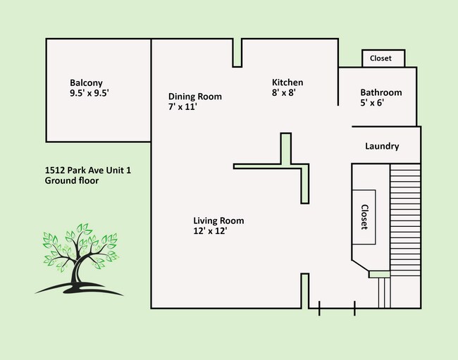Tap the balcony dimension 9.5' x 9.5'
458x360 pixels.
click(89, 93)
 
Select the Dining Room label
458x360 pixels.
click(194, 97)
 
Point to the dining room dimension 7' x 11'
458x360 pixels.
click(182, 107)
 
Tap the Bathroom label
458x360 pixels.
click(380, 92)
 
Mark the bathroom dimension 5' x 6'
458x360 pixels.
click(371, 103)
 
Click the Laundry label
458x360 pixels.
click(382, 147)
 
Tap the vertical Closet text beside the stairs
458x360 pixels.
click(365, 217)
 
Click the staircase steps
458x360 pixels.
click(404, 218)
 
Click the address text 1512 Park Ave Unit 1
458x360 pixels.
click(87, 170)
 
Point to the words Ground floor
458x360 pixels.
click(71, 180)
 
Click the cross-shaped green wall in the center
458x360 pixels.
click(286, 166)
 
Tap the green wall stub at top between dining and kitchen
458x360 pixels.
click(237, 53)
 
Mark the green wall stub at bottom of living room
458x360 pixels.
click(305, 290)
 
